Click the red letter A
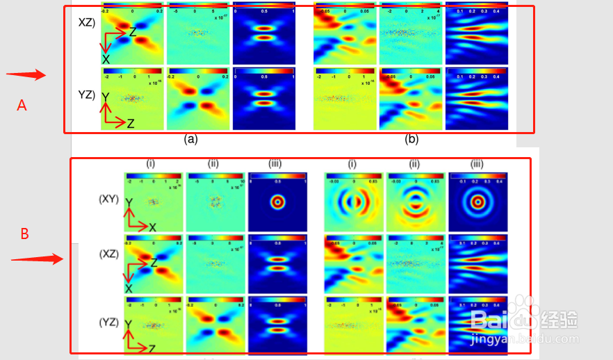click(22, 105)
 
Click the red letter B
click(24, 234)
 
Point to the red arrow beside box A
click(26, 75)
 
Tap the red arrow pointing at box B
click(37, 260)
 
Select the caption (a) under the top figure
click(191, 139)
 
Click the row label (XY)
click(109, 199)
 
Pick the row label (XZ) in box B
click(109, 254)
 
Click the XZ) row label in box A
click(87, 22)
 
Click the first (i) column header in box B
click(150, 164)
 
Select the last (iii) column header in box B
click(477, 164)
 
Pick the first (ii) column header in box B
click(213, 164)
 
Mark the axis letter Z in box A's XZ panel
click(133, 31)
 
